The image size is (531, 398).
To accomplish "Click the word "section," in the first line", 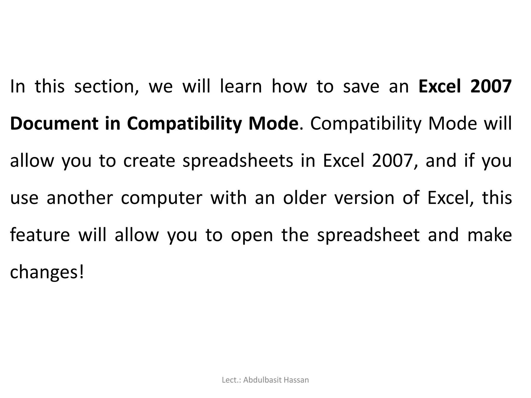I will coord(107,87).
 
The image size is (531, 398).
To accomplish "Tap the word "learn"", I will coord(241,87).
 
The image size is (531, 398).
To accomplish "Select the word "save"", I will coord(361,87).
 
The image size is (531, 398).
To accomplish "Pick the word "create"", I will coord(149,161).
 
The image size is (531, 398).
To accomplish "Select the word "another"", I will coord(80,198).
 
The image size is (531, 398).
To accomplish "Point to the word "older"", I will coord(305,198).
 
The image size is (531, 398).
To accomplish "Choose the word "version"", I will coord(364,198).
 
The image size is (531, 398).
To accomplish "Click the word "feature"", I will coord(40,235).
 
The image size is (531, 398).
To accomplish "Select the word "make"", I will coord(490,235).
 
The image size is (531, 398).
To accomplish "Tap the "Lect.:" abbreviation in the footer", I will coord(231,380).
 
